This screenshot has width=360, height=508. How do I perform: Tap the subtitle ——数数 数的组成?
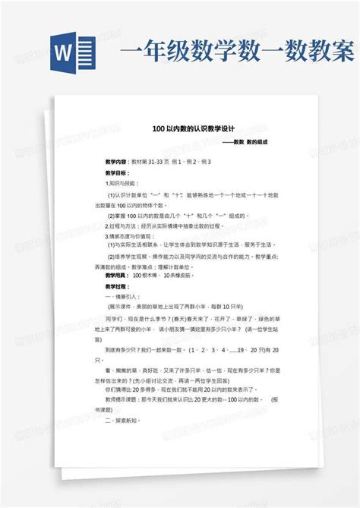(245, 143)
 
